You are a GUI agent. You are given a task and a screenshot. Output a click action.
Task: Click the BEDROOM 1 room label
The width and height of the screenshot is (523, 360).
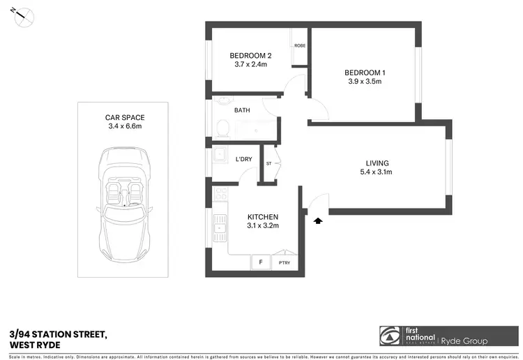364,73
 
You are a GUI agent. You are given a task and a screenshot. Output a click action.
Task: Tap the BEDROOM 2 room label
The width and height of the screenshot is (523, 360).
250,55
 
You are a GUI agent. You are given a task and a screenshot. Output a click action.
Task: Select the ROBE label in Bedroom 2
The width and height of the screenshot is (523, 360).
300,45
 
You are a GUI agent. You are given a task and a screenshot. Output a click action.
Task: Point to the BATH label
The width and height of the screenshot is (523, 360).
242,110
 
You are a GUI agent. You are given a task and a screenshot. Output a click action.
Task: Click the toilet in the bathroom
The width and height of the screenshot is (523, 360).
222,128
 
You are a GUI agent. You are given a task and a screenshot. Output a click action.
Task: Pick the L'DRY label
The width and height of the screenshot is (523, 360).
243,160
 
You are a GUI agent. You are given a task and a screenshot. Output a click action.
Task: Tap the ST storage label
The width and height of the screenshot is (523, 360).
270,164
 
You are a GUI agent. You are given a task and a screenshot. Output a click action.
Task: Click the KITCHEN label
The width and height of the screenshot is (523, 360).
263,217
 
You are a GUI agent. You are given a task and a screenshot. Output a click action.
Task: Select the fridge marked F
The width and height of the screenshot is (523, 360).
260,262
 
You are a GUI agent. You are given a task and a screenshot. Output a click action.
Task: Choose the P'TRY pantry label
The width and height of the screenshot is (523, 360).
285,263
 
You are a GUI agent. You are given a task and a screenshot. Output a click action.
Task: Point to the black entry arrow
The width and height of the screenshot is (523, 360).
319,220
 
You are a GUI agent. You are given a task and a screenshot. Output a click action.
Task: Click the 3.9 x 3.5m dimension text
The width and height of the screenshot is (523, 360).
363,82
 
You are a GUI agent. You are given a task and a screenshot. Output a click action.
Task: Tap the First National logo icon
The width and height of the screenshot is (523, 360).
389,336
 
